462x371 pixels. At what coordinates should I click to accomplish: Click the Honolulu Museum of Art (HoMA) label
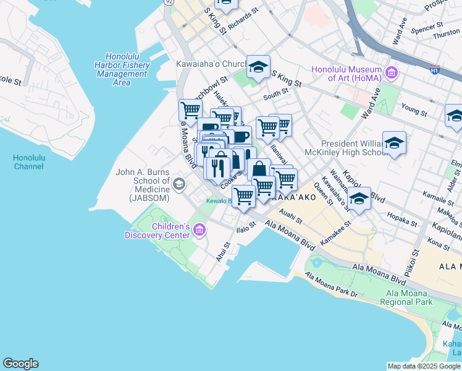pyautogui.click(x=347, y=74)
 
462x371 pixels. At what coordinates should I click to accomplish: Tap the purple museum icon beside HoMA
pyautogui.click(x=390, y=74)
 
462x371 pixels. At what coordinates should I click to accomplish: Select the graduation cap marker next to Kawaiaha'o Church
pyautogui.click(x=258, y=67)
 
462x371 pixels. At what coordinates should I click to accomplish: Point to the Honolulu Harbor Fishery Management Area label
pyautogui.click(x=122, y=69)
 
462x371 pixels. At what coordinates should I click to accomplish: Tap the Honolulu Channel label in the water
pyautogui.click(x=29, y=162)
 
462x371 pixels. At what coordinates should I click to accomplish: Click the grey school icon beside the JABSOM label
pyautogui.click(x=179, y=183)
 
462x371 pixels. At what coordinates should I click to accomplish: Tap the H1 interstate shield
pyautogui.click(x=435, y=70)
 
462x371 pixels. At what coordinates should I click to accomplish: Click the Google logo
pyautogui.click(x=20, y=364)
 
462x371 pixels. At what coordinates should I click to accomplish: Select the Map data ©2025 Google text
pyautogui.click(x=423, y=366)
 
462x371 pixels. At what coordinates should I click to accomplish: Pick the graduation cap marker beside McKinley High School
pyautogui.click(x=394, y=143)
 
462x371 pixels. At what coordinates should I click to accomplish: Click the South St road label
pyautogui.click(x=275, y=93)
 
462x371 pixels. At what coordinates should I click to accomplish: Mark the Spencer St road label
pyautogui.click(x=427, y=28)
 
